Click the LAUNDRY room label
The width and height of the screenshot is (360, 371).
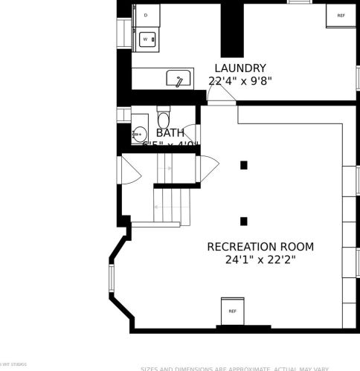click(240, 68)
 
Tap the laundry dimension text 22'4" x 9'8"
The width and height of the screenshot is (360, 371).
click(240, 80)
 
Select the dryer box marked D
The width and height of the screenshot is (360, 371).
click(146, 15)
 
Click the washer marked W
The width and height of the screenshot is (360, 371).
click(146, 38)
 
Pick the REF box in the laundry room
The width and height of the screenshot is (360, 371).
click(341, 15)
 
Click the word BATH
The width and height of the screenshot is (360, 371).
click(170, 132)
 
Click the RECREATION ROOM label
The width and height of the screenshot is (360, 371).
click(260, 247)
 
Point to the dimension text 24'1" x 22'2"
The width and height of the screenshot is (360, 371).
click(260, 260)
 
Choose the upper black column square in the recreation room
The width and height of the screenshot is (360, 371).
click(243, 165)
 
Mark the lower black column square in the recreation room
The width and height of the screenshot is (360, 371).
click(243, 221)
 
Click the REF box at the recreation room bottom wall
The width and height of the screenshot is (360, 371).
click(232, 311)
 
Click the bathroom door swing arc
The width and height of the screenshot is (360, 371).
click(192, 133)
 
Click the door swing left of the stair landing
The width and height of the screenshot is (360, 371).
click(129, 172)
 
